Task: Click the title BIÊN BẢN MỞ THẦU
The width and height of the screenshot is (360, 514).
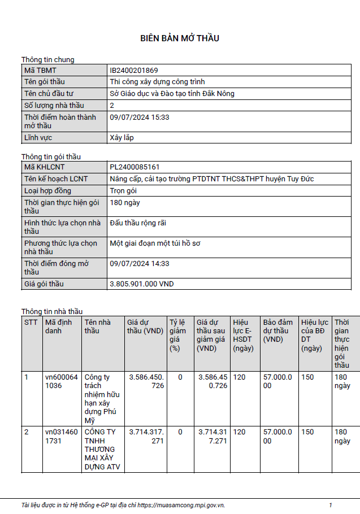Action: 180,38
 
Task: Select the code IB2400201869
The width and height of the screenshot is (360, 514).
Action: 134,71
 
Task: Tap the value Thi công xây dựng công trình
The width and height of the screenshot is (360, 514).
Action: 157,82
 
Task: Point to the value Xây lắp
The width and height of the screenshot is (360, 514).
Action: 122,137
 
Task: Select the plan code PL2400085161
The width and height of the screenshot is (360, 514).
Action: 135,167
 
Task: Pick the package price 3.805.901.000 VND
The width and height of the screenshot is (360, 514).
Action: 142,284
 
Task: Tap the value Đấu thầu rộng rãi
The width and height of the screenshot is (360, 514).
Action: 138,223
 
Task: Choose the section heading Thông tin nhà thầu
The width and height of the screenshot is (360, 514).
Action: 52,311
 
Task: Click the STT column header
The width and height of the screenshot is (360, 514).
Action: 31,323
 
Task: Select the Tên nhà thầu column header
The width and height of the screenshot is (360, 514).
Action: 97,326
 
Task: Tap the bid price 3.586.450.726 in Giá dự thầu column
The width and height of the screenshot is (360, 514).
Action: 146,381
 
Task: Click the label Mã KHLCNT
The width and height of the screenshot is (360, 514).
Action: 45,167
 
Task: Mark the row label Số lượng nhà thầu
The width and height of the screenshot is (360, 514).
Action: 54,105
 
